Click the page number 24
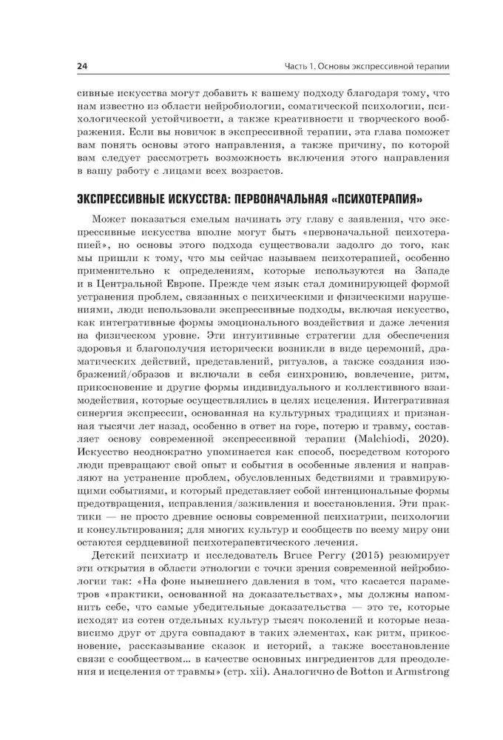click(x=82, y=67)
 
